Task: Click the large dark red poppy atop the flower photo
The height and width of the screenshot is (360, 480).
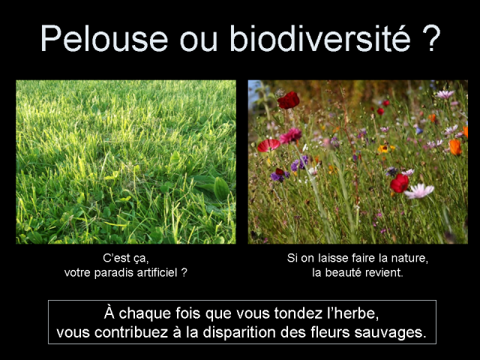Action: (288, 100)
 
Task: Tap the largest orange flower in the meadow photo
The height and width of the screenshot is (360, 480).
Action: (455, 146)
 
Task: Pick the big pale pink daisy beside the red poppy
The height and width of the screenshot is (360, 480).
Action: (419, 190)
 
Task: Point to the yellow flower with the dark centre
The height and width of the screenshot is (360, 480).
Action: (385, 148)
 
